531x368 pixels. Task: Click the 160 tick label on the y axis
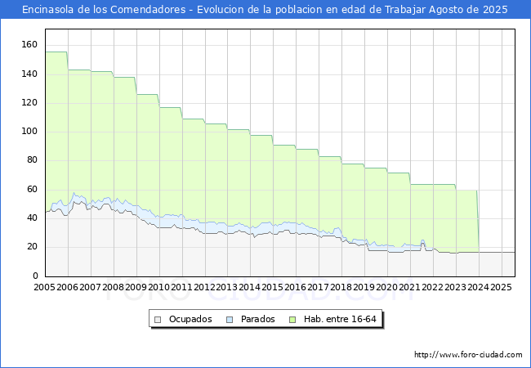[x=29, y=44]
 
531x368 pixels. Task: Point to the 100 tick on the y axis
[x=29, y=131]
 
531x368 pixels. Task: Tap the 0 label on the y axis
[x=36, y=276]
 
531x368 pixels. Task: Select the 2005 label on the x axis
[x=44, y=287]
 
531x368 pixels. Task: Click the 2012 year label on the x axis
[x=204, y=287]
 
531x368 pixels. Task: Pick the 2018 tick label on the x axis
[x=341, y=287]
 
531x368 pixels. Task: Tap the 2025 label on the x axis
[x=501, y=287]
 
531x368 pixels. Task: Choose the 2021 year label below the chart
[x=409, y=287]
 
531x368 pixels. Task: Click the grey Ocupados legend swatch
[x=158, y=320]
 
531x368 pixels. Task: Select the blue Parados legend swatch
[x=230, y=320]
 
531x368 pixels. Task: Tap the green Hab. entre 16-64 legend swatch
[x=292, y=320]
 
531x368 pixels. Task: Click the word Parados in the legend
[x=257, y=319]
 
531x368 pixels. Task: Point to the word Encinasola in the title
[x=48, y=10]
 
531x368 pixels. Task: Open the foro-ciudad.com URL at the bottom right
[x=468, y=355]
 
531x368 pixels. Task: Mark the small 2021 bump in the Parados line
[x=422, y=240]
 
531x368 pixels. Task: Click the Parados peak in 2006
[x=74, y=193]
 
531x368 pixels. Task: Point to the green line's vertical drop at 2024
[x=478, y=221]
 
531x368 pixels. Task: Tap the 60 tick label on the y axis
[x=32, y=189]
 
